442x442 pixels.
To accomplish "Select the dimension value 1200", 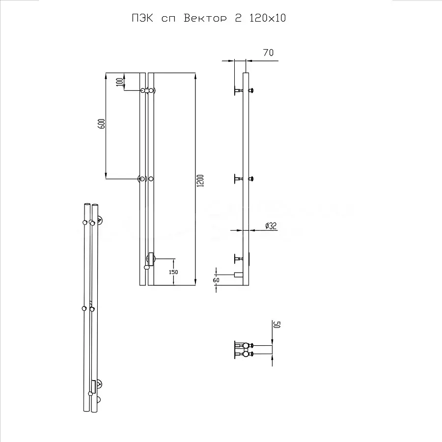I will [x=199, y=181].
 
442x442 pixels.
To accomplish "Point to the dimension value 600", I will [x=102, y=124].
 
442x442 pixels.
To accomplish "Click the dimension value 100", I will [x=119, y=82].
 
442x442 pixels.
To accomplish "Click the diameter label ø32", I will [x=271, y=226].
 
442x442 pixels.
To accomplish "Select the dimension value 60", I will [x=216, y=280].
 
